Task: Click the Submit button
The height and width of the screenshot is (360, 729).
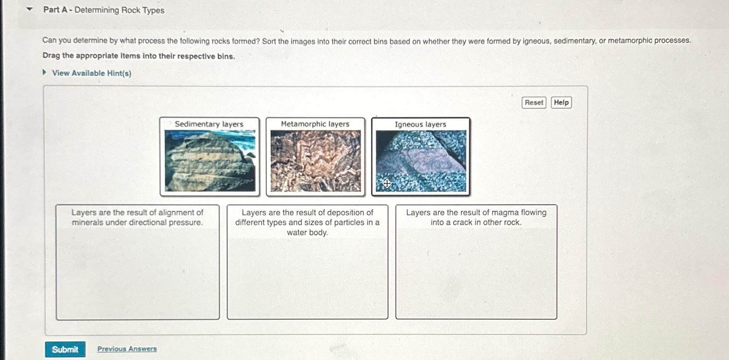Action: tap(65, 349)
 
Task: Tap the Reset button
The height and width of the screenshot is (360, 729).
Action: tap(534, 103)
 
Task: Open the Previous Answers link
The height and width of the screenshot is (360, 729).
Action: tap(127, 349)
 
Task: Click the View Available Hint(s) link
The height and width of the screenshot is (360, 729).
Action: tap(91, 73)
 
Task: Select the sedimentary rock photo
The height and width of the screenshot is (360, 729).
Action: tap(210, 161)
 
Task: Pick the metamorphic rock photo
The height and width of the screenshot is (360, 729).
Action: tap(315, 161)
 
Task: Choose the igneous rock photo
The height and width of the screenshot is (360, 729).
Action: tap(421, 161)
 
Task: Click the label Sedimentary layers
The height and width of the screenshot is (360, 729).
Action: tap(209, 124)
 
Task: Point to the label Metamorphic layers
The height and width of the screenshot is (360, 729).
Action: tap(315, 124)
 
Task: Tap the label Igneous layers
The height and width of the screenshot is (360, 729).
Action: tap(420, 124)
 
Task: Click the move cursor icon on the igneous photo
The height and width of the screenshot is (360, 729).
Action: tap(387, 184)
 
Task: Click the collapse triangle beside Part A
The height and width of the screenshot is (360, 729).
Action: tap(30, 9)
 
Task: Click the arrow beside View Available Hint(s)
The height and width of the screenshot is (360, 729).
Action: tap(44, 73)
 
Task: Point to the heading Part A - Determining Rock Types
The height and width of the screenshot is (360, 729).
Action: tap(104, 10)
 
